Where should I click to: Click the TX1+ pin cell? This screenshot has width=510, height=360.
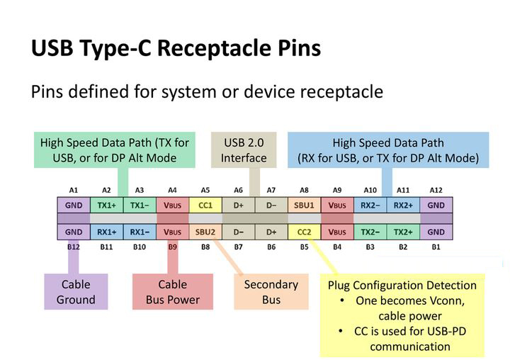point(106,206)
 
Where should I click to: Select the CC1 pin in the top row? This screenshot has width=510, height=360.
point(205,206)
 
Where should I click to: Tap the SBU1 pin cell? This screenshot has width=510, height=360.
point(304,206)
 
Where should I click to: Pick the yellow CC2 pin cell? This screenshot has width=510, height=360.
point(304,232)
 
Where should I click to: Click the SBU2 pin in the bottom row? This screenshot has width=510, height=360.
point(205,232)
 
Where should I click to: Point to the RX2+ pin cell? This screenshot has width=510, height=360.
point(403,206)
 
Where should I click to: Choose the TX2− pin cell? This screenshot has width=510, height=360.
point(370,232)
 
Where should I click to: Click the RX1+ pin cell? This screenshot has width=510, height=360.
point(106,232)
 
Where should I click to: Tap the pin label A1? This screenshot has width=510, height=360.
point(74,190)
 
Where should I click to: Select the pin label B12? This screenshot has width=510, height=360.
point(74,247)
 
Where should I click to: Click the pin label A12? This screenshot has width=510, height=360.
point(436,190)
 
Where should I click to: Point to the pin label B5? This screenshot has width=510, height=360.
point(304,247)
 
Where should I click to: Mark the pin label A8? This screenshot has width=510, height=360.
point(304,190)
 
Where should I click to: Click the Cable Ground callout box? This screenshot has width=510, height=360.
point(76,292)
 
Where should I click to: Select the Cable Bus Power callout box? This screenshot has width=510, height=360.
point(173,292)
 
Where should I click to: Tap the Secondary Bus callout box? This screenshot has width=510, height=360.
point(271,292)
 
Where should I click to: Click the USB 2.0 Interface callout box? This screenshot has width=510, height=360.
point(244,150)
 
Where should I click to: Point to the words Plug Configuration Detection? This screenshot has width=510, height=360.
point(402,286)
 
